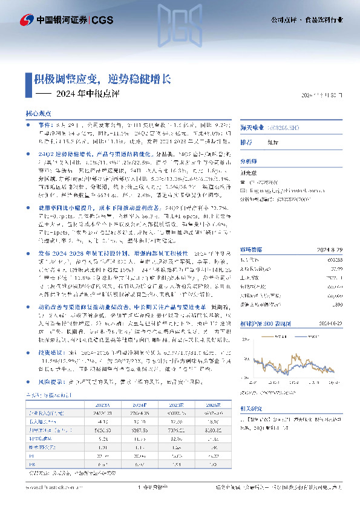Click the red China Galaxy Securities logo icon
25,20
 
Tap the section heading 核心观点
38,114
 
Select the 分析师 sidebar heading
249,161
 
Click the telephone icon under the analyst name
243,181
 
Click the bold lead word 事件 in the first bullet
44,123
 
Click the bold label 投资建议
49,351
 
